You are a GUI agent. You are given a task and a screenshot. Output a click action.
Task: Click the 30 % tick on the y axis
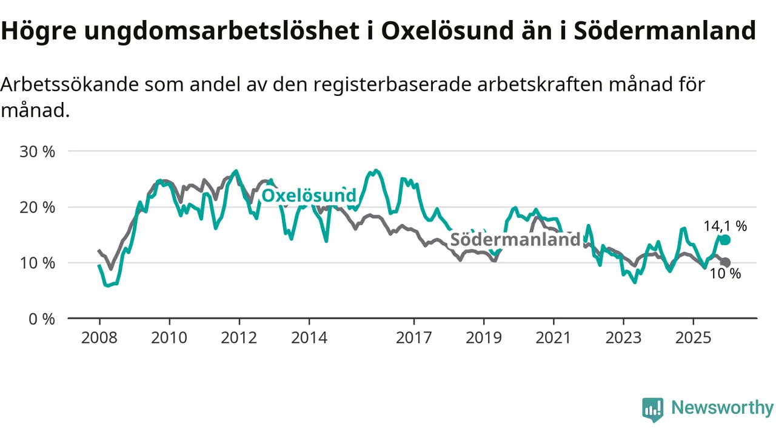click(37, 151)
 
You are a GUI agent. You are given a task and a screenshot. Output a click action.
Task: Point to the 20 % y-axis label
click(37, 207)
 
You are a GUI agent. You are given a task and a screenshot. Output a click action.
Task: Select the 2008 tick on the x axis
click(99, 337)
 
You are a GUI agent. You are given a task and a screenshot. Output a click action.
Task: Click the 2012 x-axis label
click(239, 337)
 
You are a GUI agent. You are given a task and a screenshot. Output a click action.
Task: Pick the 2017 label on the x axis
click(414, 337)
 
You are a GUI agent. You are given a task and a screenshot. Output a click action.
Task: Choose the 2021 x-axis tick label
click(554, 337)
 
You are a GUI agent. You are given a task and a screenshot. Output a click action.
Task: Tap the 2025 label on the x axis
click(694, 337)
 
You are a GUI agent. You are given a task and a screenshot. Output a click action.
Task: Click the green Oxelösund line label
click(309, 196)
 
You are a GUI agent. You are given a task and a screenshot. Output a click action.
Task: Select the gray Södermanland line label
click(515, 239)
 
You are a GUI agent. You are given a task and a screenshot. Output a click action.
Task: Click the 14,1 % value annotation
click(725, 226)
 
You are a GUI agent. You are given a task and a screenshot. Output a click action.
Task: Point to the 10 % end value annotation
click(725, 274)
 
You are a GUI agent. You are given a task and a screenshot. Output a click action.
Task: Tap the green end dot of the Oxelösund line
click(725, 240)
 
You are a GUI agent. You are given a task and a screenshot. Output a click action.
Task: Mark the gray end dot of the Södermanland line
click(726, 262)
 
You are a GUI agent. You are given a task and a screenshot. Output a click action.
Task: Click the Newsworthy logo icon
click(653, 410)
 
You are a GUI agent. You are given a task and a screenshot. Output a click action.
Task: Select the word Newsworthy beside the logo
click(722, 408)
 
